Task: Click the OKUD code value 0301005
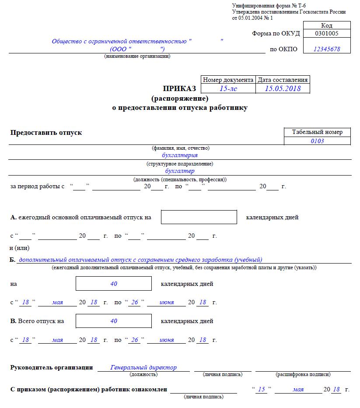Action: click(326, 33)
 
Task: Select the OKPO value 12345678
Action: click(326, 49)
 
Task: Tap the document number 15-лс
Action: click(228, 88)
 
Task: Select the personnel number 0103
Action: click(317, 141)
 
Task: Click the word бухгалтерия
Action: click(180, 155)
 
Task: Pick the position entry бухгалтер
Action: click(180, 171)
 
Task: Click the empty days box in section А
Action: click(199, 217)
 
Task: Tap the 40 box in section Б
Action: click(114, 284)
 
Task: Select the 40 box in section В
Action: click(114, 321)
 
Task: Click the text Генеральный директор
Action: click(143, 367)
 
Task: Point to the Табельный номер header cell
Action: click(317, 132)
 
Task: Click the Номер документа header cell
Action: click(228, 80)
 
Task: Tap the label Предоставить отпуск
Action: click(46, 132)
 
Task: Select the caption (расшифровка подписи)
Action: click(303, 375)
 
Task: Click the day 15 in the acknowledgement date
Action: click(262, 389)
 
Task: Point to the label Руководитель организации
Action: click(51, 367)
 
